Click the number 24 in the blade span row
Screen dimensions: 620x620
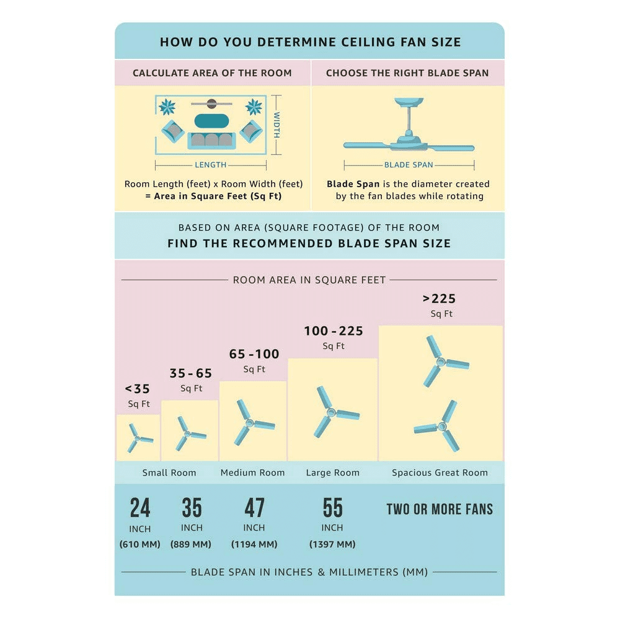140,508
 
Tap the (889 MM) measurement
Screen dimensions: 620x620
190,544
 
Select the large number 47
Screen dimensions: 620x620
254,508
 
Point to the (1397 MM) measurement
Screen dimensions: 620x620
332,544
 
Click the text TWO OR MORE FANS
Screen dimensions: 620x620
440,509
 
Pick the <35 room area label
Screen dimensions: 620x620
137,389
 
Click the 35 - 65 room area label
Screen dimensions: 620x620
191,373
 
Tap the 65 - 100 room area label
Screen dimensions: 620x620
254,354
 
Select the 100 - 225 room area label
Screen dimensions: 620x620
334,331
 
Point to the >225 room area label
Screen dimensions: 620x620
440,299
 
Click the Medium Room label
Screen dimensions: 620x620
253,472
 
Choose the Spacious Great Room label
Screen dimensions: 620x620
440,472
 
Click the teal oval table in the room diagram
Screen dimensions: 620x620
211,121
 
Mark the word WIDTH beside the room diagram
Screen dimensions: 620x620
277,125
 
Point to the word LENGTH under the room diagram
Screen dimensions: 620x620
210,165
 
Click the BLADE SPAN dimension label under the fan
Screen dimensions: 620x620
409,165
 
